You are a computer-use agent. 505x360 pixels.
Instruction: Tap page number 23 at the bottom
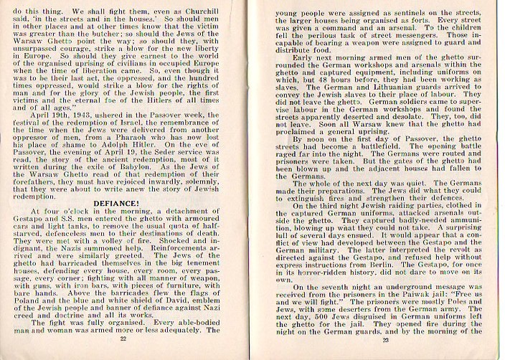[376, 338]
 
